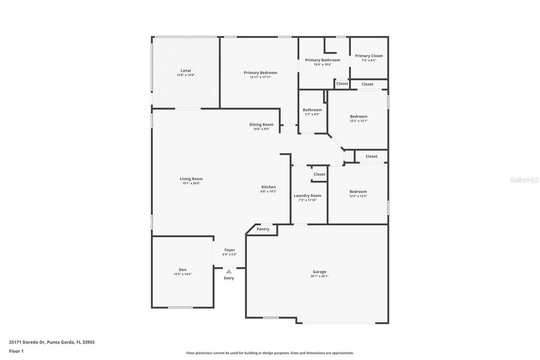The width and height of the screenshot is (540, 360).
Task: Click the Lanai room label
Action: (x=186, y=70)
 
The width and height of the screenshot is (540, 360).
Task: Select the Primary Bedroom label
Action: (x=260, y=73)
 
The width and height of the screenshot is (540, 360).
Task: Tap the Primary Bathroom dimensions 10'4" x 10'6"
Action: (x=322, y=65)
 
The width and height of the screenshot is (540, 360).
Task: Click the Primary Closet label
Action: (x=369, y=56)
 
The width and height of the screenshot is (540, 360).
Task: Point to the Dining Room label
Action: (x=261, y=125)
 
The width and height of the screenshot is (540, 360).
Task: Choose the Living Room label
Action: (x=191, y=179)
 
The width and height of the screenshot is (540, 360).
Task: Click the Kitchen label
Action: (x=268, y=187)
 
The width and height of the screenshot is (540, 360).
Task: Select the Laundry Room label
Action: (x=307, y=195)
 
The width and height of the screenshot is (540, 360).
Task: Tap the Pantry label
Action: (x=263, y=229)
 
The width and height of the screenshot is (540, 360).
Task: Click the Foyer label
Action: (x=229, y=250)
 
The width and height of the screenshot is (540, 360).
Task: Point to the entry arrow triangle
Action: (x=229, y=271)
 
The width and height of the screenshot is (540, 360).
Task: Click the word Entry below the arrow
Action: (x=229, y=278)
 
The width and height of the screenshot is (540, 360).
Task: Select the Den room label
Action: (x=182, y=270)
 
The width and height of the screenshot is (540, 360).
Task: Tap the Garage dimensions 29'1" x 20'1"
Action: (x=319, y=276)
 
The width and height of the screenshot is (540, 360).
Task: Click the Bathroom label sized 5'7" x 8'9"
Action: (x=312, y=110)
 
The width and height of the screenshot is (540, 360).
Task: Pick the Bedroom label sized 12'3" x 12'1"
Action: (x=358, y=116)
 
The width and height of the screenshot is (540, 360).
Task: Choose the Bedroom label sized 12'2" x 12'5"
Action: (x=358, y=192)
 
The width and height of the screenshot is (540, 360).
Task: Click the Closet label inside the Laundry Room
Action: (x=319, y=174)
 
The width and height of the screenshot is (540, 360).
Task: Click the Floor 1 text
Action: (x=16, y=351)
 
